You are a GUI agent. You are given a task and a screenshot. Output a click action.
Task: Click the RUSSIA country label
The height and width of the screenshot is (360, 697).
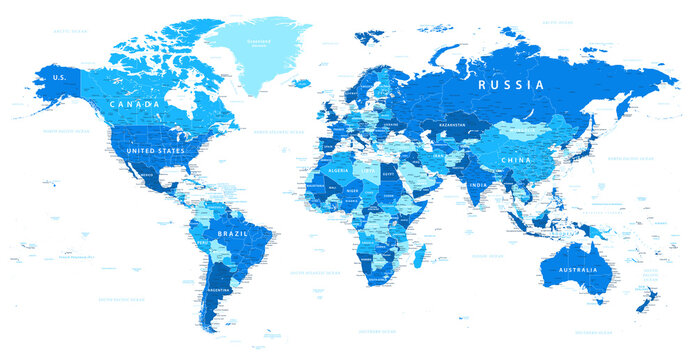coord(511,85)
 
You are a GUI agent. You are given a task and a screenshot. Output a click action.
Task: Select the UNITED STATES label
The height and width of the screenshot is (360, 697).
coord(151,150)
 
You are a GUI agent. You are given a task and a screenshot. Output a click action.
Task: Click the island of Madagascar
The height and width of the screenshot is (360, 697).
coord(424,259)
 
